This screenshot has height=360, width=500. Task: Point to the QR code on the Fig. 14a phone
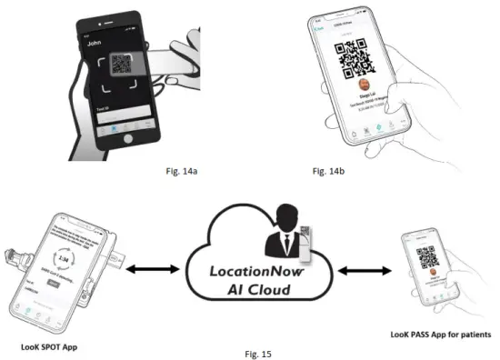pos(123,65)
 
